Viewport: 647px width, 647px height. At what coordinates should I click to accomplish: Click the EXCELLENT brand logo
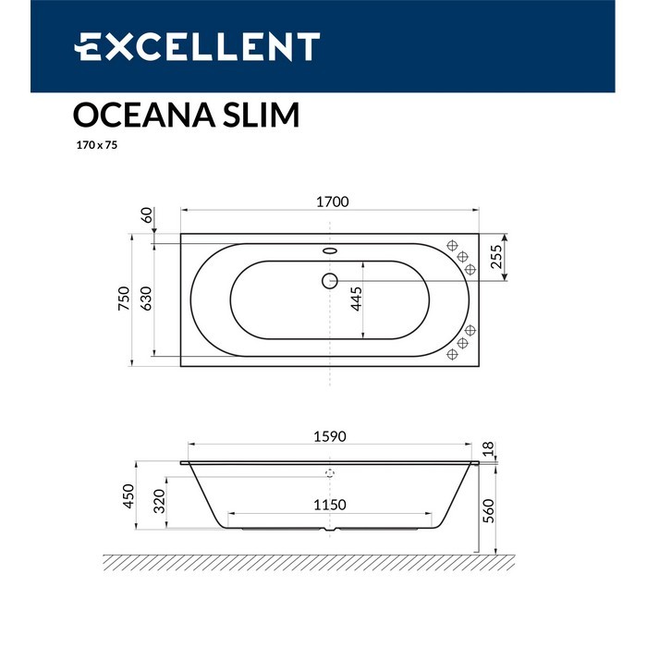coord(197,46)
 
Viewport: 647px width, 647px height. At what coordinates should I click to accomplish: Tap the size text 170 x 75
coord(94,146)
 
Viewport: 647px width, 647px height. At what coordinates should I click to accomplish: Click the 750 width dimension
coord(126,296)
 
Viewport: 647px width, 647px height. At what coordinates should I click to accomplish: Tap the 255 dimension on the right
coord(496,256)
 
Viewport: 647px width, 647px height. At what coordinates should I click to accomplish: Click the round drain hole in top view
coord(331,280)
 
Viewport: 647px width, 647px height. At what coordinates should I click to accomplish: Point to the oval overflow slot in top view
coord(331,249)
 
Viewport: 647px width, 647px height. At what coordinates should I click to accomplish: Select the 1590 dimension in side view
coord(331,437)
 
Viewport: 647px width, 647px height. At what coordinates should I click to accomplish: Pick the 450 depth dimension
coord(128,495)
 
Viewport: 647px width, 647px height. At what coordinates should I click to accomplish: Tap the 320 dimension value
coord(159,501)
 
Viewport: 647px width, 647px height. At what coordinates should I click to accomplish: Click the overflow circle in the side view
coord(330,471)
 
